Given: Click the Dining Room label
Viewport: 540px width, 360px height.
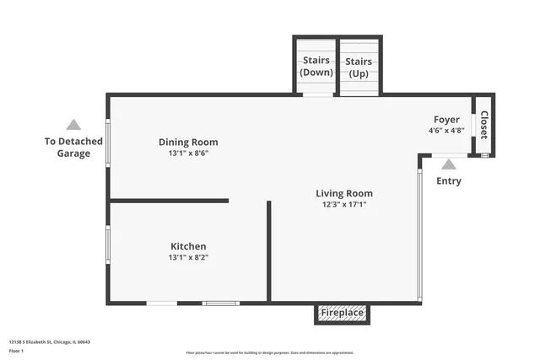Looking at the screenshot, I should [x=188, y=142].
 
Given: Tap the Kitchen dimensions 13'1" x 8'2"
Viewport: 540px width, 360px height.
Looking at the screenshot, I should [x=188, y=257].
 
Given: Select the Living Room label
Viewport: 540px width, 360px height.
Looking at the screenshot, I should [x=344, y=193].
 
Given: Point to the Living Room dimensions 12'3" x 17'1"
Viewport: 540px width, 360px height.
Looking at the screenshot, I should [x=344, y=204].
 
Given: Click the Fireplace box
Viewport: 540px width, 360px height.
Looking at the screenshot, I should [x=343, y=313].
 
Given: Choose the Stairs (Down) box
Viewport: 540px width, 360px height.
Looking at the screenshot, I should [x=316, y=67].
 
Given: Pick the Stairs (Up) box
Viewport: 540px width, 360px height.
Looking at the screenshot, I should [x=359, y=67].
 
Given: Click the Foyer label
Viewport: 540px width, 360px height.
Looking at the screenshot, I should [x=446, y=120].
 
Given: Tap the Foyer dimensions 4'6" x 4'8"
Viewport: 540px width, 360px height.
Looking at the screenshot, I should [x=446, y=131].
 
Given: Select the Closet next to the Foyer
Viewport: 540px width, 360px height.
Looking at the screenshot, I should [x=484, y=125].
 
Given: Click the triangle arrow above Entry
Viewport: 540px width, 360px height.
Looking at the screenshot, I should [x=449, y=164].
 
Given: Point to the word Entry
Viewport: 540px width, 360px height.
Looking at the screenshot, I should [x=449, y=181].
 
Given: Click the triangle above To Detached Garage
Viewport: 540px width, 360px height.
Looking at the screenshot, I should [x=74, y=125].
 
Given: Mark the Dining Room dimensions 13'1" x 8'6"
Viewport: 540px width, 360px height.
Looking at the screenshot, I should [x=188, y=153].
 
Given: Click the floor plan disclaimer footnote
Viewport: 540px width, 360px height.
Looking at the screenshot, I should [x=270, y=352].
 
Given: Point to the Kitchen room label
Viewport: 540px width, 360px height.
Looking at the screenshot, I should [x=188, y=246].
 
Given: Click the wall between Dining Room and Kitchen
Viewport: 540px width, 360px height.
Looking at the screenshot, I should [x=169, y=201].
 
